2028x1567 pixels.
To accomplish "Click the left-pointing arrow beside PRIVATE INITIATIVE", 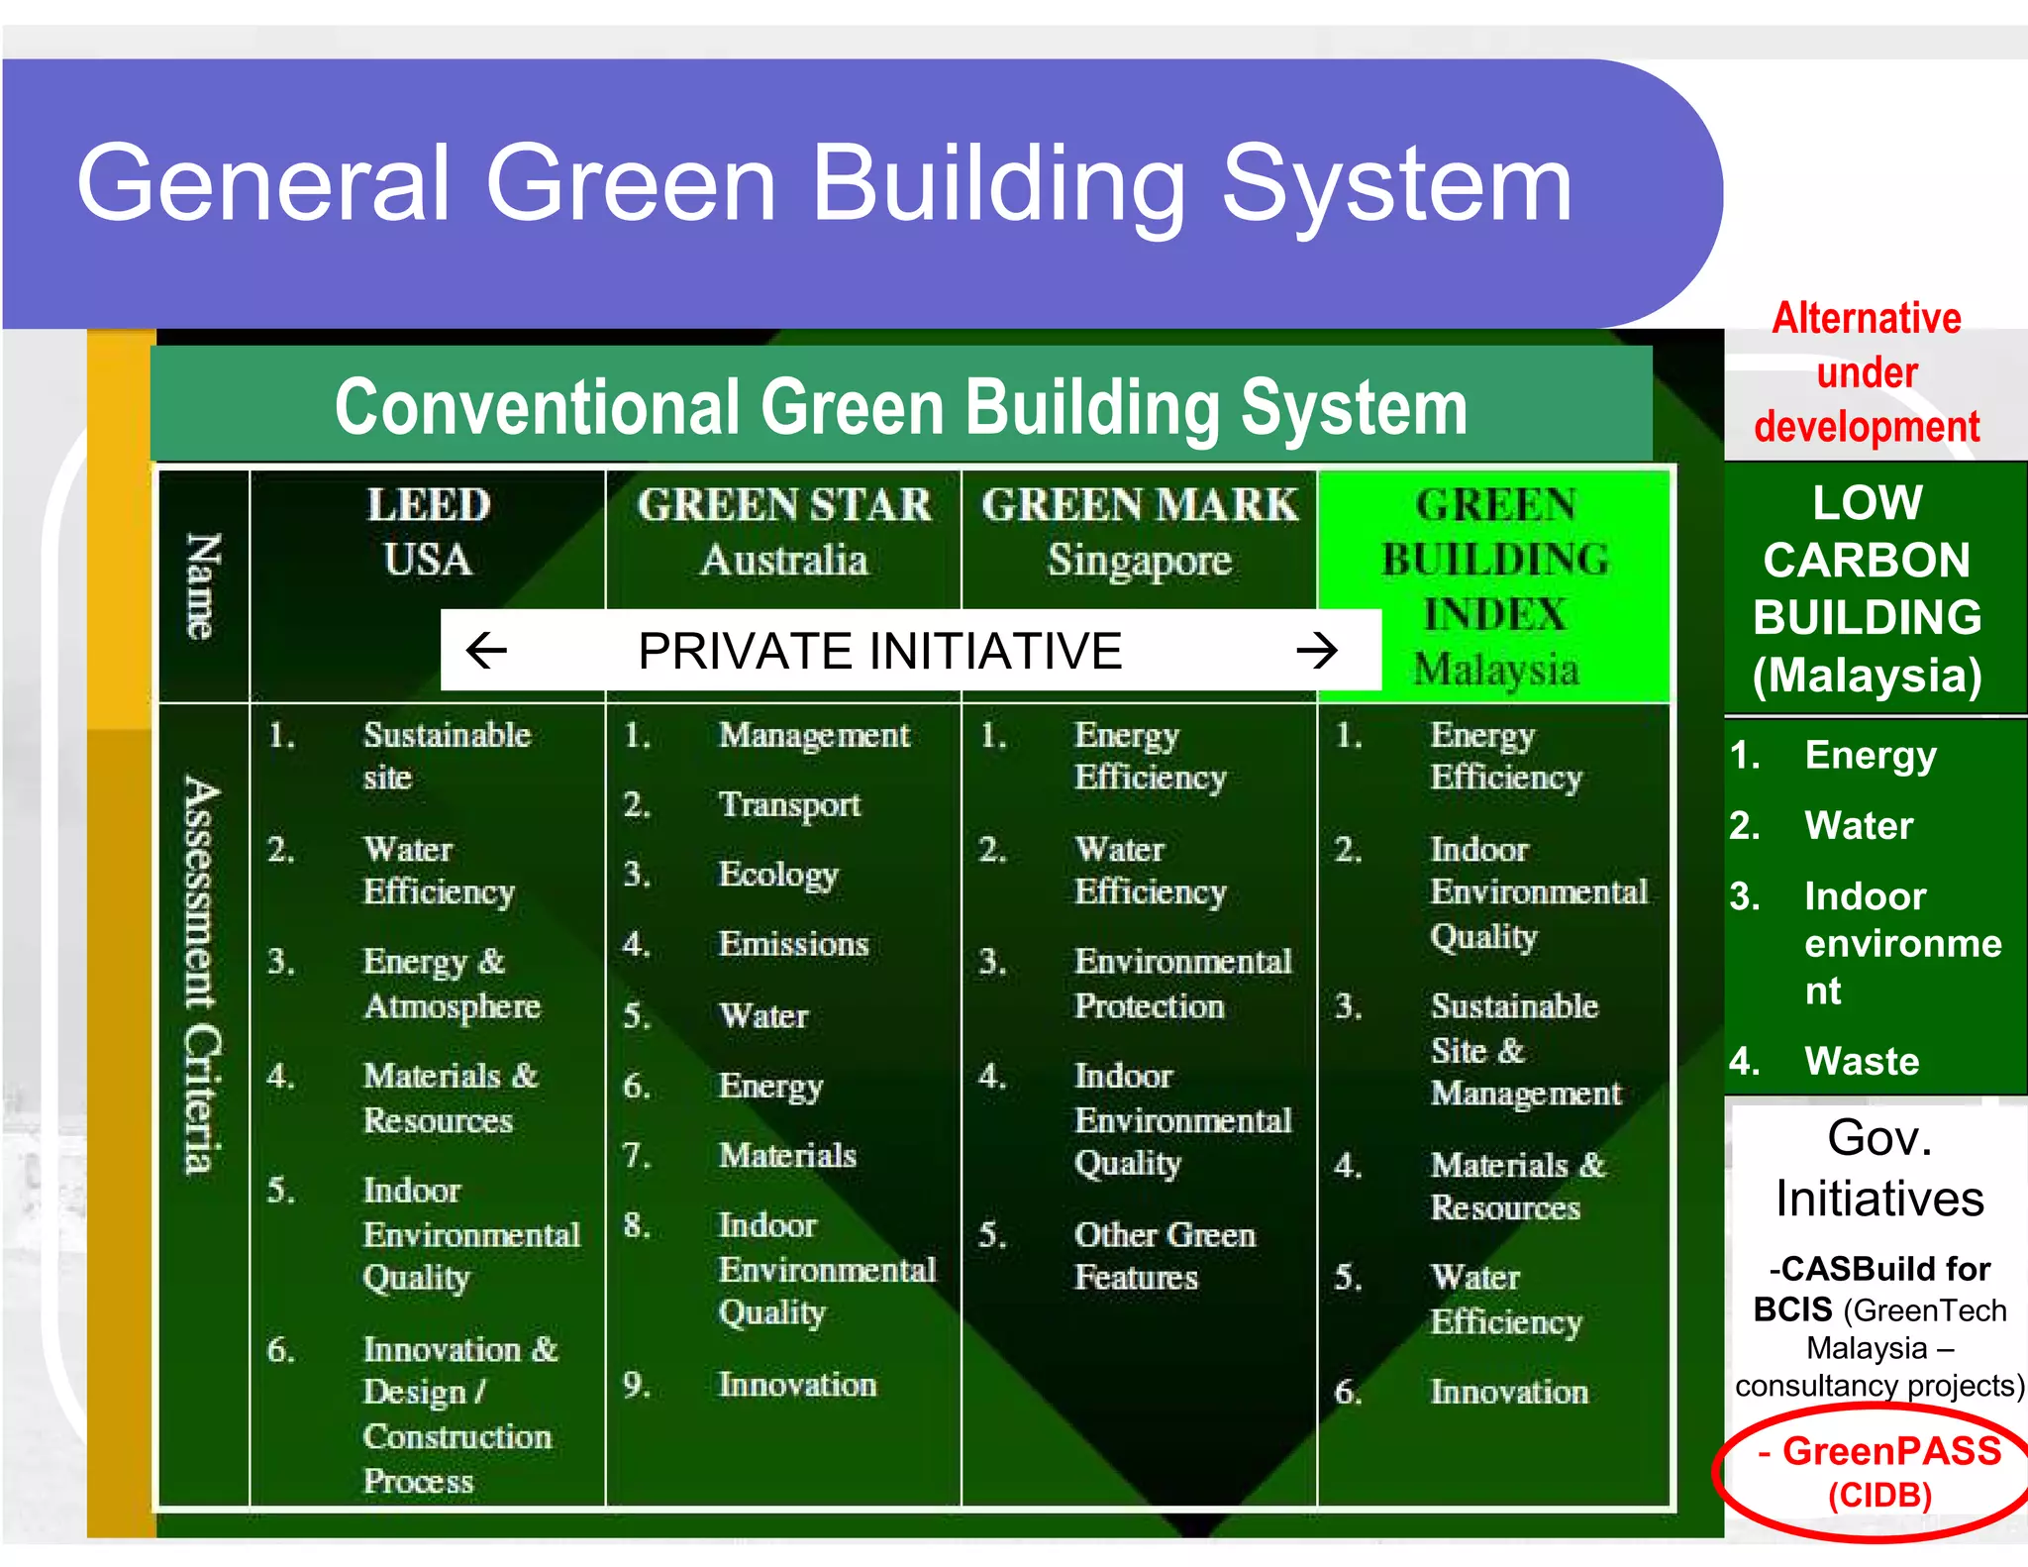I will coord(486,651).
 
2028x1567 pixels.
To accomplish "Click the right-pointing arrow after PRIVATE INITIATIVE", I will coord(1317,651).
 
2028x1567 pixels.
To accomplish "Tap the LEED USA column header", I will coord(428,532).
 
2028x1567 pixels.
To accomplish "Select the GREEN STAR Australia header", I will coord(784,532).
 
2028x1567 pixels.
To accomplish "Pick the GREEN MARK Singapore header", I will coord(1140,532).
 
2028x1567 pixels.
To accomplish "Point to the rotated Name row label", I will coord(202,586).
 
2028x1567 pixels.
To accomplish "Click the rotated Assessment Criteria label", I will coord(202,976).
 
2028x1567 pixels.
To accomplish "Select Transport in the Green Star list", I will coord(789,804).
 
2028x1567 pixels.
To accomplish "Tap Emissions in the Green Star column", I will coord(793,944).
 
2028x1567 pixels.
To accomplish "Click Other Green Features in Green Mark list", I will coord(1165,1255).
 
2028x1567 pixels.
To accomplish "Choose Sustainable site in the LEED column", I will coord(447,756).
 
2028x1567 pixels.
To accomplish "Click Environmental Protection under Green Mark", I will coord(1182,983).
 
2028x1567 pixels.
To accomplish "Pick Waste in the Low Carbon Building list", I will coord(1862,1061).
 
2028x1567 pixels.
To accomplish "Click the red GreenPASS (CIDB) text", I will coord(1879,1471).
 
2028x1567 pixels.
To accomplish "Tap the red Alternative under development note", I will coord(1867,373).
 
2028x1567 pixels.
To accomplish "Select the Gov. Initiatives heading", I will coord(1878,1168).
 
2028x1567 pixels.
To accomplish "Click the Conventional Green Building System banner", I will coord(900,407).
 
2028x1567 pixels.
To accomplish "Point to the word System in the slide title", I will coord(1396,184).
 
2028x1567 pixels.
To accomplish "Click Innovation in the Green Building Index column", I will coord(1508,1392).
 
